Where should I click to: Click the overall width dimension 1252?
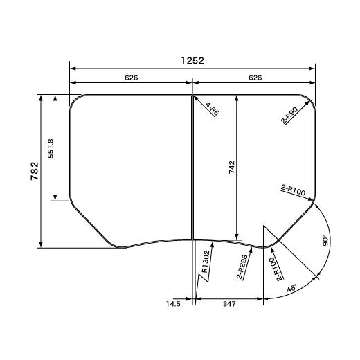192,61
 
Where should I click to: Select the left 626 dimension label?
132,78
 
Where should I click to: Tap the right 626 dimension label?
255,78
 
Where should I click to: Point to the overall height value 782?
35,171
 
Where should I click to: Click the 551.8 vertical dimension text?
51,148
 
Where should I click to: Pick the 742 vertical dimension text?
232,167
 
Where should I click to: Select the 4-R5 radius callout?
213,109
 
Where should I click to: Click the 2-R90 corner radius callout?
290,116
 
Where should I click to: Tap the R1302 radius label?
206,262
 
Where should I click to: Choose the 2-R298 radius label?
242,267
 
